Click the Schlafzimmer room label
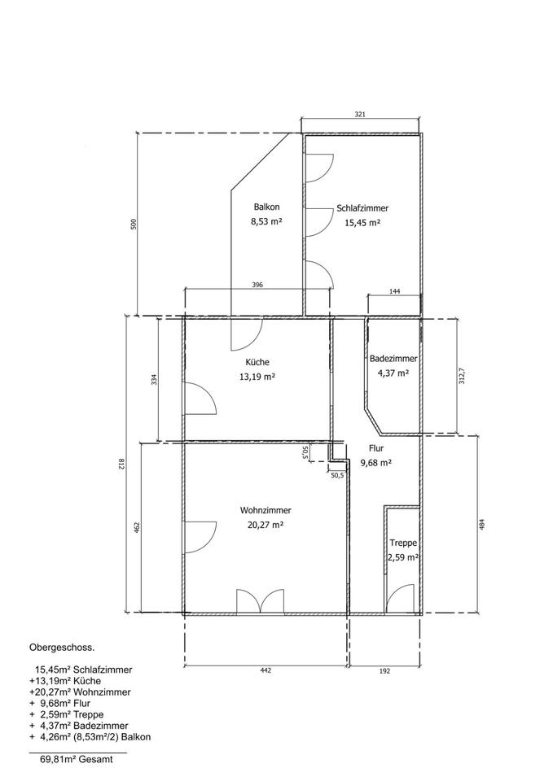tap(362, 208)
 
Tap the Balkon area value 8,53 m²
tap(266, 221)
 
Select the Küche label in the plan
tap(257, 362)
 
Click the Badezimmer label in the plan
tap(393, 358)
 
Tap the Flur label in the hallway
tap(376, 448)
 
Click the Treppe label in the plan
tap(403, 543)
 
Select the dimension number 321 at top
tap(360, 114)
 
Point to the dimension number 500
tap(133, 225)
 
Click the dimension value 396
tap(257, 285)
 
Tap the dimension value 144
tap(394, 291)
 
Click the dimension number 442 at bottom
tap(266, 671)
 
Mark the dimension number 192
tap(384, 671)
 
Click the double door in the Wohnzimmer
tap(261, 601)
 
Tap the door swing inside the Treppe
tap(401, 598)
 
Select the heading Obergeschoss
tap(62, 648)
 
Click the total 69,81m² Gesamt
tap(77, 760)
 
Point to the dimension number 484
tap(481, 525)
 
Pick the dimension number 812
tap(120, 465)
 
